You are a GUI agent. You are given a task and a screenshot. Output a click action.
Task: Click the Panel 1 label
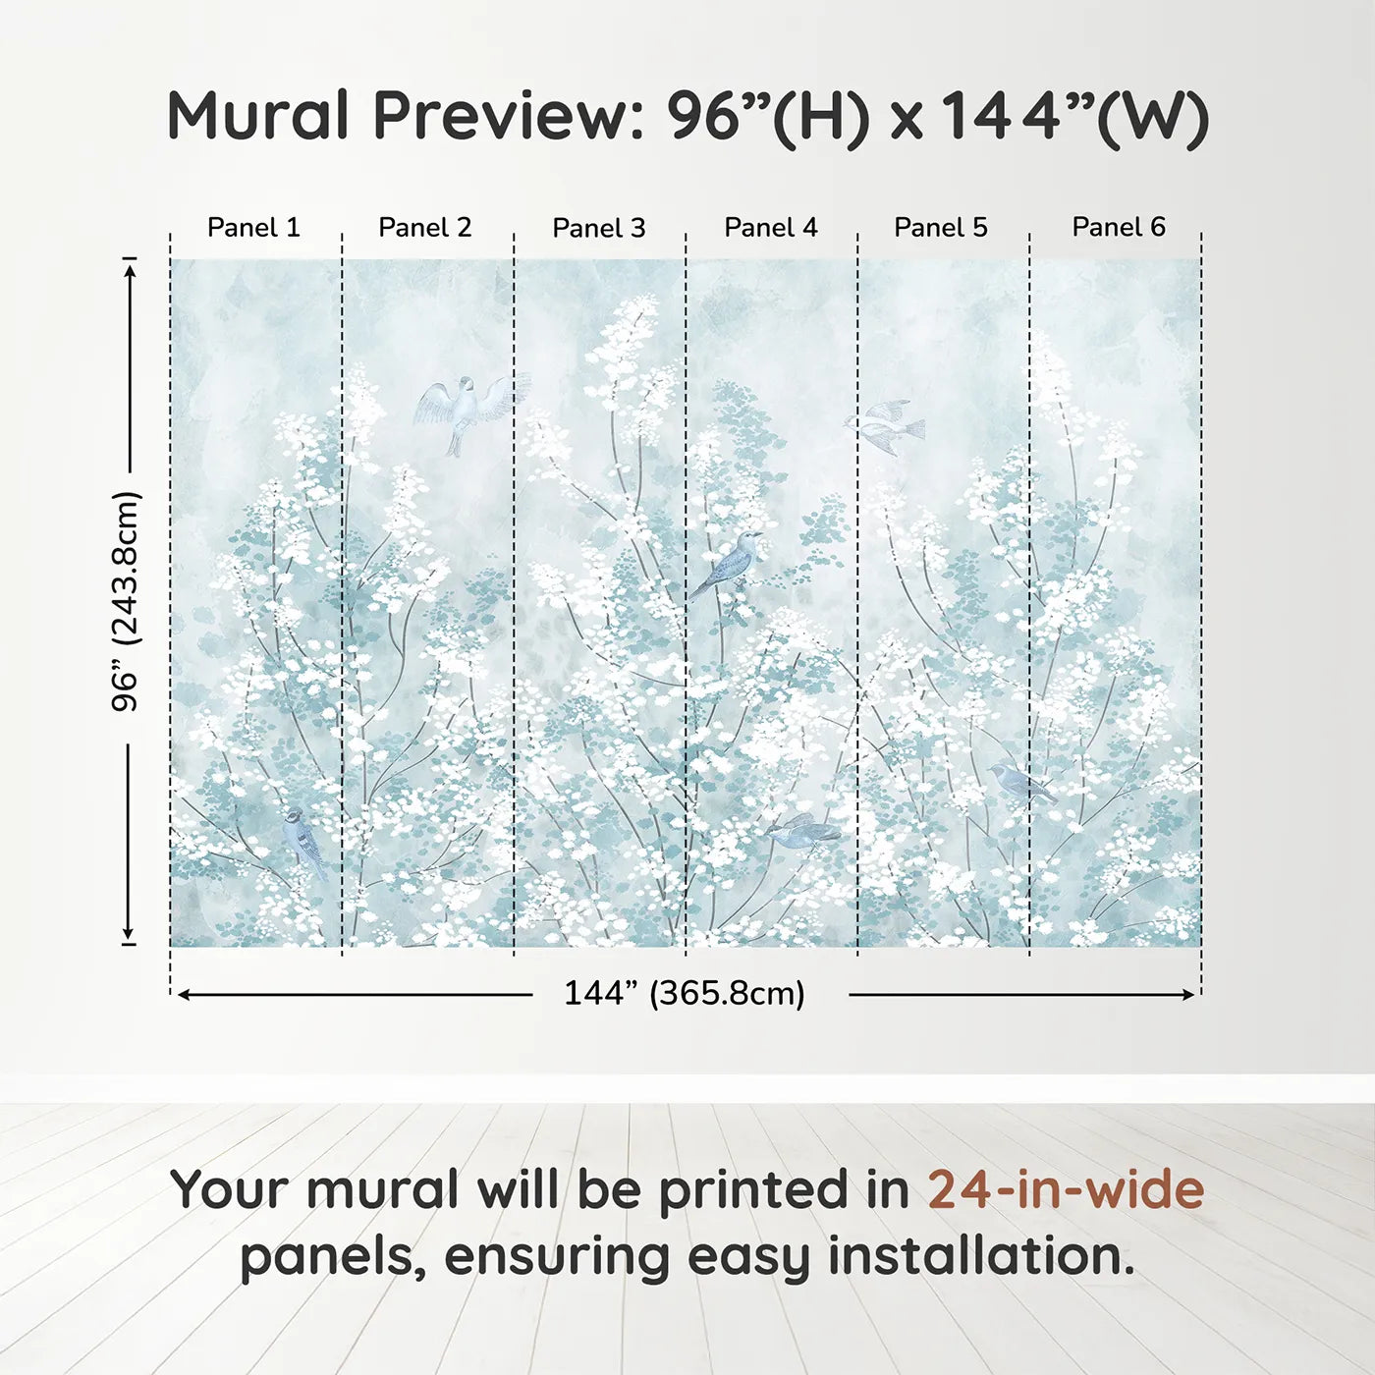pos(253,227)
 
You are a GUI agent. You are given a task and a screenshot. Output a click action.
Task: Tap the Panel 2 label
pos(424,227)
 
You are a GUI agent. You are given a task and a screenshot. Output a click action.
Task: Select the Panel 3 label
pos(599,228)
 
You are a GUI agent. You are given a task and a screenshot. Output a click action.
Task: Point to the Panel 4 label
pos(771,227)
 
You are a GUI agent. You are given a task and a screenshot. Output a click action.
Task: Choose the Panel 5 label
pos(941,227)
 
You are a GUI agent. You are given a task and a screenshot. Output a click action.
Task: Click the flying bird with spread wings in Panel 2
pos(471,412)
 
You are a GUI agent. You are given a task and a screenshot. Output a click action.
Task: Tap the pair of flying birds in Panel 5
pos(886,426)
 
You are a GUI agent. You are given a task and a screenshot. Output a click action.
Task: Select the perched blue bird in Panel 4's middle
pos(724,565)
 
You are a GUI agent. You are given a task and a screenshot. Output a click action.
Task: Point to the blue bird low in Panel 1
pos(304,842)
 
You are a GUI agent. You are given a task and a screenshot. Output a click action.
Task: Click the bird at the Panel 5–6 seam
pos(1020,783)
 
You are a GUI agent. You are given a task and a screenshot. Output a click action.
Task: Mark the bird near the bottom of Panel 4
pos(802,831)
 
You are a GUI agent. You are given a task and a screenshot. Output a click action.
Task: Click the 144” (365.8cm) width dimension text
pos(685,993)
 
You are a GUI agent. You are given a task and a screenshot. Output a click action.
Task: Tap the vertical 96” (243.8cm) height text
pos(127,600)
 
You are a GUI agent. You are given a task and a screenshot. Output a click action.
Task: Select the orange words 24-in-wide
pos(1066,1189)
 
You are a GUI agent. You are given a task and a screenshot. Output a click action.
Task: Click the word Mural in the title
pos(258,116)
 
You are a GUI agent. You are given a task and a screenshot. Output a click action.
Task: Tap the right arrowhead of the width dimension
pos(1187,995)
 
